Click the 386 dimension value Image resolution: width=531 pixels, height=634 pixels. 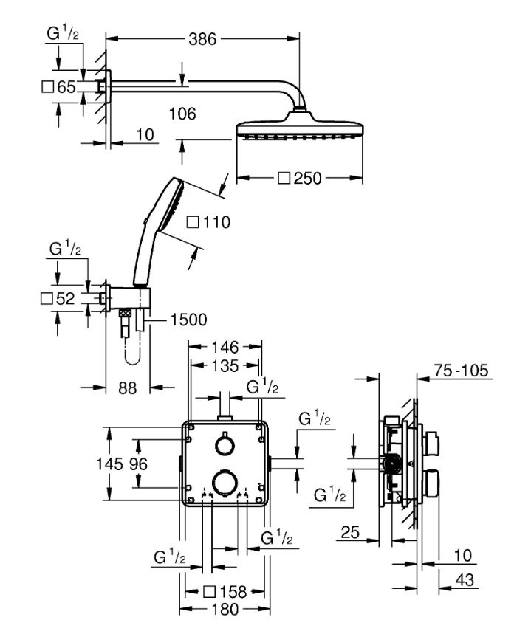tap(203, 39)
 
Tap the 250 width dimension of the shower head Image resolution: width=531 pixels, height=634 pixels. tap(307, 178)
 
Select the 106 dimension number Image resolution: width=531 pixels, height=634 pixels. tap(182, 114)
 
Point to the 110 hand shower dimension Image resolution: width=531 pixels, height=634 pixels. tap(216, 222)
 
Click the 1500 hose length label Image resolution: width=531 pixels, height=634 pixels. tap(188, 320)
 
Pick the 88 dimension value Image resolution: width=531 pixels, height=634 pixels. tap(128, 388)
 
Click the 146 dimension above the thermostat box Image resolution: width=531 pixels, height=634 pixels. tap(225, 347)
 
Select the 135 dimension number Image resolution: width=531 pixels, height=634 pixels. tap(225, 366)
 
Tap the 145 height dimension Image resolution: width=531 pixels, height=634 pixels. tap(109, 464)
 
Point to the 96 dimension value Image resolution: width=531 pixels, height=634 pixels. tap(138, 464)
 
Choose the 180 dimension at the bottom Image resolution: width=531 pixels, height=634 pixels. tap(225, 609)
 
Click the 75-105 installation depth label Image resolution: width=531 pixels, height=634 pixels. tap(462, 371)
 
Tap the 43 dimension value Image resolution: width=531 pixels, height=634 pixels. tap(465, 580)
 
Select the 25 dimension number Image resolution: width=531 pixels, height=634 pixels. tap(350, 532)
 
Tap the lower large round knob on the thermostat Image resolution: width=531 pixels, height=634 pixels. tap(225, 482)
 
